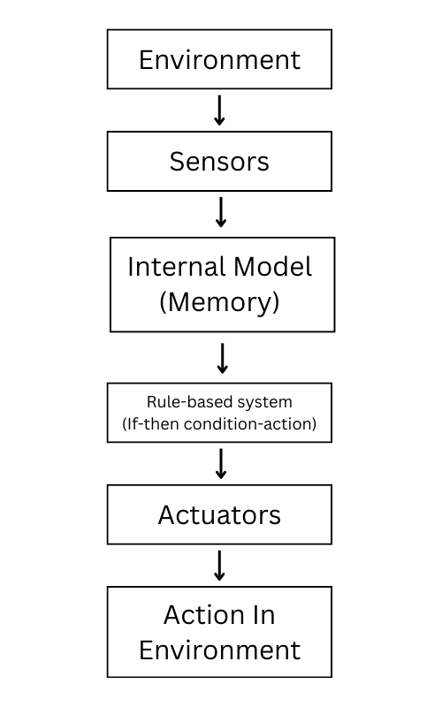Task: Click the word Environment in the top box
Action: [219, 60]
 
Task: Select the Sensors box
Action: [219, 162]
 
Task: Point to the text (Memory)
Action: [219, 302]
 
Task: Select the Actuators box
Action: [219, 514]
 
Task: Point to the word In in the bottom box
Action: [263, 616]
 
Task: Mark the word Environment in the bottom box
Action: [219, 650]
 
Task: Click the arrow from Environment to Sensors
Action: [220, 110]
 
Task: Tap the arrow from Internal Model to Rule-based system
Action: [222, 357]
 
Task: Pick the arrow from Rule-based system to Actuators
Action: [221, 463]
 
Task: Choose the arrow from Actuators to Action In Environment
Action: [220, 565]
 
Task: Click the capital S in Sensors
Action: [177, 162]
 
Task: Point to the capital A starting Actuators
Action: [167, 514]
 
